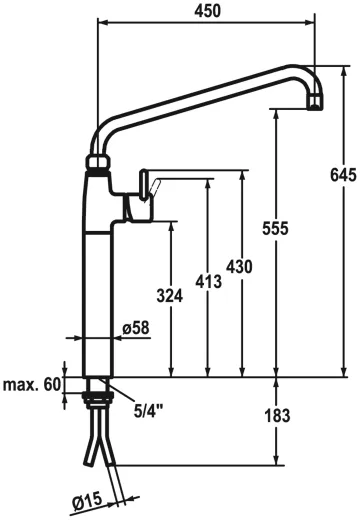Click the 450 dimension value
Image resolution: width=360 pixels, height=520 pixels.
pos(207,11)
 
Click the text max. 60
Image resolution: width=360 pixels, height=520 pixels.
pos(32,384)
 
